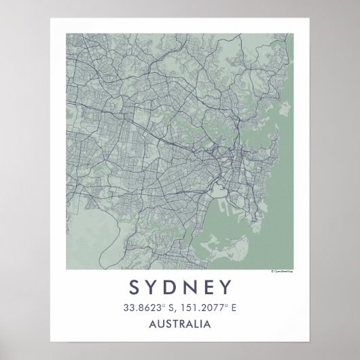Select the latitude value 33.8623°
click(142, 308)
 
